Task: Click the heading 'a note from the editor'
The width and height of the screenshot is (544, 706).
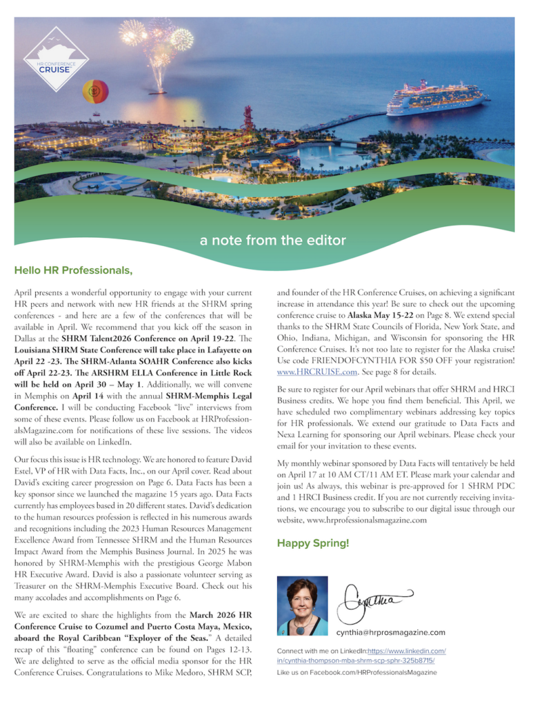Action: tap(272, 241)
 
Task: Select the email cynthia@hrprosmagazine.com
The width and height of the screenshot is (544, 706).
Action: tap(390, 632)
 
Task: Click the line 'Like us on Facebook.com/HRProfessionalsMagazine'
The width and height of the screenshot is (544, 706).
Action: tap(356, 672)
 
